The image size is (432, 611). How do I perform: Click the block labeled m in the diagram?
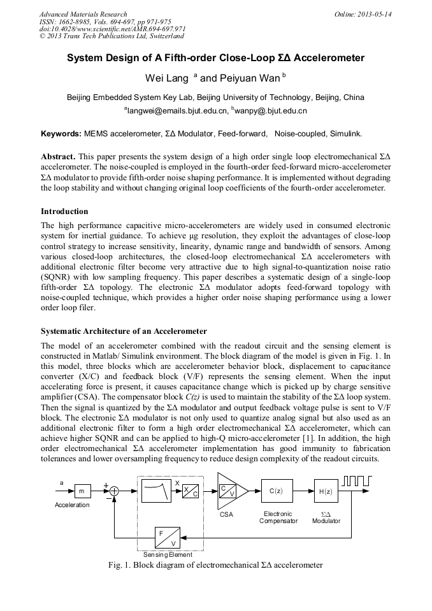tap(82, 491)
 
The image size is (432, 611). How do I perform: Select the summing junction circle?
tap(115, 491)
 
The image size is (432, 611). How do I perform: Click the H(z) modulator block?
tap(325, 491)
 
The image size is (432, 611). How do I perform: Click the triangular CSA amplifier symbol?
tap(229, 491)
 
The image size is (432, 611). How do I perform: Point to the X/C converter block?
tap(190, 491)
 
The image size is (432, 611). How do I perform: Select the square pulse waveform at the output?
tap(356, 481)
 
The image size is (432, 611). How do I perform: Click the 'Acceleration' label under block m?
tap(72, 505)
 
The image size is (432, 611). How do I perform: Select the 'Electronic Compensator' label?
tap(278, 517)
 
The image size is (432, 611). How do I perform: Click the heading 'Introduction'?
tap(64, 212)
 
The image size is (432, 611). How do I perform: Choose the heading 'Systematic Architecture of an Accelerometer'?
tap(124, 331)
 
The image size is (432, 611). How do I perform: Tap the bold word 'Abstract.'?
tap(59, 156)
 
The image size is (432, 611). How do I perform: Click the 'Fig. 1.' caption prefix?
tap(120, 565)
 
